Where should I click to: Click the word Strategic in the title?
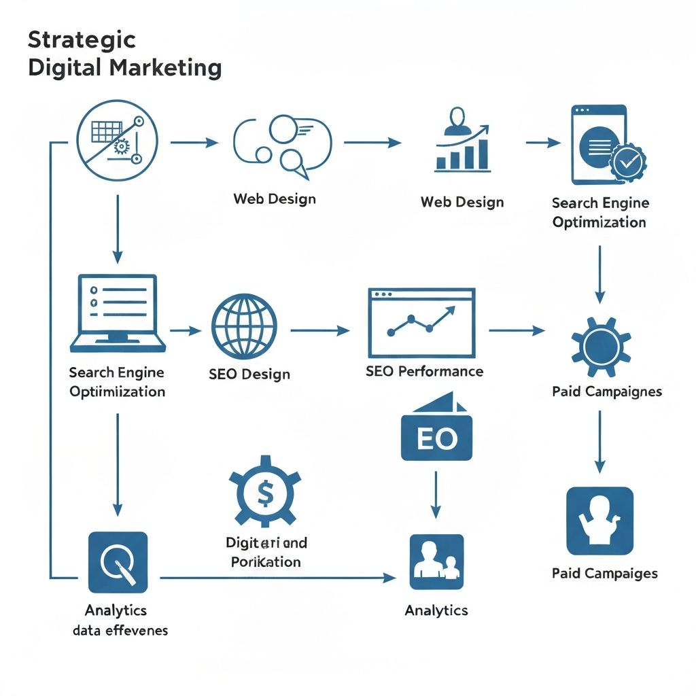[x=82, y=39]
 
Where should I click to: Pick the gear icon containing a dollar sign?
[x=264, y=491]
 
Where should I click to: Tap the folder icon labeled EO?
[x=436, y=435]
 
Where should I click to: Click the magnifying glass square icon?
[x=118, y=562]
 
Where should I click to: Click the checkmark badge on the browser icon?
[x=627, y=162]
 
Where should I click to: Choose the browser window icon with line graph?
[x=421, y=323]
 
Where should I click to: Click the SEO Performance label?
[x=424, y=371]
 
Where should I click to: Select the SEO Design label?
[x=249, y=374]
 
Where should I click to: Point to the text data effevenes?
[x=120, y=630]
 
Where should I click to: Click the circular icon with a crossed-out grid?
[x=118, y=141]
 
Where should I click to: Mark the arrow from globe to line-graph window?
[x=319, y=331]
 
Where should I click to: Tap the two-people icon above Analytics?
[x=436, y=561]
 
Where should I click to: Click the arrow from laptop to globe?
[x=185, y=331]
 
